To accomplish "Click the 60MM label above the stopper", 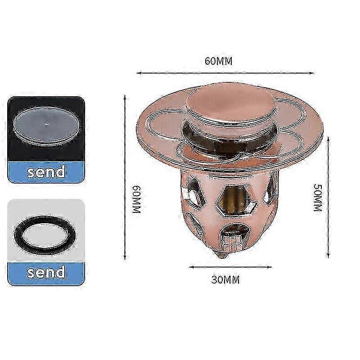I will click(219, 62).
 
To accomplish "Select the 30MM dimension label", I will click(225, 280).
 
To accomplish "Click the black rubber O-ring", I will click(46, 235).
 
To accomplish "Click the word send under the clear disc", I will click(46, 171).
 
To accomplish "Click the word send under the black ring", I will click(46, 272).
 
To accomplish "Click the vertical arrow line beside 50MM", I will click(328, 198).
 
